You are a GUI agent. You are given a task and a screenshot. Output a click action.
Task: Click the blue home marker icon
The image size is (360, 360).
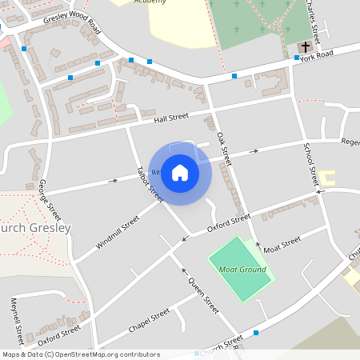tap(180, 171)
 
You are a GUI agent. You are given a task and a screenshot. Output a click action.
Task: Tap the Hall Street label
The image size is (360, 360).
tap(170, 118)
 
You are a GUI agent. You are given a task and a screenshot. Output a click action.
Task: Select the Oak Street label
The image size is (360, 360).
tap(223, 148)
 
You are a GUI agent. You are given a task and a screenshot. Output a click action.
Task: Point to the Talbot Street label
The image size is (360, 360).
tap(150, 183)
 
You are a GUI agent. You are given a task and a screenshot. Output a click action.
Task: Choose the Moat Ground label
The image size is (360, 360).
tap(242, 270)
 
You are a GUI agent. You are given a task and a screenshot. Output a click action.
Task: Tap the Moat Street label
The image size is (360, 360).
tap(282, 243)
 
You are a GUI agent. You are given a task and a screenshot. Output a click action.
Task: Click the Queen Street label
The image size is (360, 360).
tap(203, 294)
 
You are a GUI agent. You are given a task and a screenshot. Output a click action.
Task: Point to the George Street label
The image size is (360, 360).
tap(50, 200)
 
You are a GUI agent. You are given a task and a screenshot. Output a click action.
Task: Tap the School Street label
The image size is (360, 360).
tap(310, 163)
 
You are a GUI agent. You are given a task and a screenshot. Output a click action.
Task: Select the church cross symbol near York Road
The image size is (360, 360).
tap(305, 48)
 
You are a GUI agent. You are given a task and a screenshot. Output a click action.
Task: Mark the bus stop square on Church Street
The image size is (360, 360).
tap(256, 332)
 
